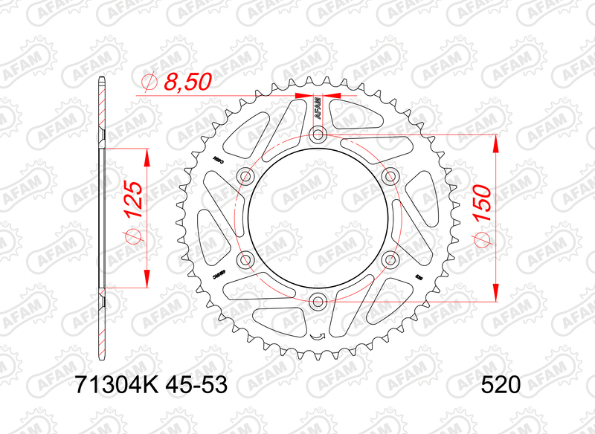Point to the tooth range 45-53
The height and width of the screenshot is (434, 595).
tap(190, 385)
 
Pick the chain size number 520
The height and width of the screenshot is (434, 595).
tap(500, 385)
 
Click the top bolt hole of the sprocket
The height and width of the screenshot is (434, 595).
tap(318, 135)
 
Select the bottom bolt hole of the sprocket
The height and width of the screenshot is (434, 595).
tap(318, 302)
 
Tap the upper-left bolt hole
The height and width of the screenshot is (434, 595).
tap(245, 176)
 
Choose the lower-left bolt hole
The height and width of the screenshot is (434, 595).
tap(245, 260)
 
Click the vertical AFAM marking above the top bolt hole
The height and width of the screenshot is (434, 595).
tap(318, 110)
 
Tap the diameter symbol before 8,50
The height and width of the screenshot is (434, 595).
tap(148, 82)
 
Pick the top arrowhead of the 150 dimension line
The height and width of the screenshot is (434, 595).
tap(496, 142)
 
